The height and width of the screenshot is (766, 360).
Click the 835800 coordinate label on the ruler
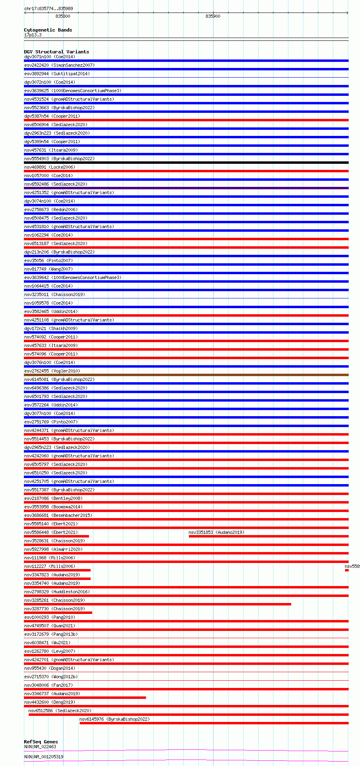(63, 16)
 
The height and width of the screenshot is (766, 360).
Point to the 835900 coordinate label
(213, 16)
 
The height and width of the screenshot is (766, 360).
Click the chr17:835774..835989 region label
(49, 8)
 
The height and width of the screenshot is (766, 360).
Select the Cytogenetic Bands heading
(48, 30)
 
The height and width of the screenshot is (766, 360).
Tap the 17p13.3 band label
(33, 35)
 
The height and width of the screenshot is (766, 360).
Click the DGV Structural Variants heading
(56, 52)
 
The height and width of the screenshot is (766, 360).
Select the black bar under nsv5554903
(186, 163)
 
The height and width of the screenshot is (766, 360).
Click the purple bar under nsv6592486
(186, 188)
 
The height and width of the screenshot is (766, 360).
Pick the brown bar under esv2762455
(186, 375)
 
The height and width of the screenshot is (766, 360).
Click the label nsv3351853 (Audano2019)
(216, 532)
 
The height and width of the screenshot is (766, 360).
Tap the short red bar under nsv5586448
(57, 536)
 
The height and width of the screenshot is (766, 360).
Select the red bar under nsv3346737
(85, 698)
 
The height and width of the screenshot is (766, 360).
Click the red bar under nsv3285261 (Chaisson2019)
(158, 604)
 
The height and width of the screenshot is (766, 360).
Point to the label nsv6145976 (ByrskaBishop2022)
(114, 719)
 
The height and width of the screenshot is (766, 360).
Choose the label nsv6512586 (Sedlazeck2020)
(60, 711)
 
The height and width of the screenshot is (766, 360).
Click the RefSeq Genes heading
(41, 742)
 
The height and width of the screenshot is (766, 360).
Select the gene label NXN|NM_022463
(40, 747)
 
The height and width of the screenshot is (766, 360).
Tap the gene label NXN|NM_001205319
(44, 757)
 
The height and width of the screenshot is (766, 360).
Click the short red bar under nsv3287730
(58, 613)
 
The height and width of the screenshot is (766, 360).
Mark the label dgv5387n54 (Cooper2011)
(52, 116)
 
